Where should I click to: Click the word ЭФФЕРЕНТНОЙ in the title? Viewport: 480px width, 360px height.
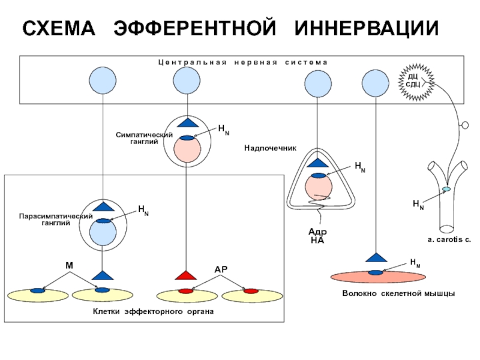click(x=194, y=28)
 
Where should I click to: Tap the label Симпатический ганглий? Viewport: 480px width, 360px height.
click(x=144, y=138)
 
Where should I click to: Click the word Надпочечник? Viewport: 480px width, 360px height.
click(x=271, y=148)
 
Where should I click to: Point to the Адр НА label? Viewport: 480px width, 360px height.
click(x=317, y=236)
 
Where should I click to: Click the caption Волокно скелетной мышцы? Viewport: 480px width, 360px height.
click(x=398, y=293)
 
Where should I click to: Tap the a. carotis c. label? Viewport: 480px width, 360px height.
click(x=449, y=239)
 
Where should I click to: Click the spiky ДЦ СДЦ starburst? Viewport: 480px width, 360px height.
click(x=416, y=82)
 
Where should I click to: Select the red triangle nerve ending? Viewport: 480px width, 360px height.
click(x=186, y=275)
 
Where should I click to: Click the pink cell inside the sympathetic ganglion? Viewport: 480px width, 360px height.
click(x=187, y=149)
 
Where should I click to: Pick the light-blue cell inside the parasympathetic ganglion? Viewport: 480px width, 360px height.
click(x=103, y=232)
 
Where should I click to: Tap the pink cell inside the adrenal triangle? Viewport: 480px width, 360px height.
click(x=319, y=187)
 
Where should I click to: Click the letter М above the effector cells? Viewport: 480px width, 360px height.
click(x=70, y=265)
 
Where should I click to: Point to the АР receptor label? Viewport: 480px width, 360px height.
click(x=221, y=269)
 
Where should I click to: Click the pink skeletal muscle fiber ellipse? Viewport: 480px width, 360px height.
click(x=378, y=277)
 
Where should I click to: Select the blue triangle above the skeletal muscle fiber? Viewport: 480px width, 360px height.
click(x=376, y=258)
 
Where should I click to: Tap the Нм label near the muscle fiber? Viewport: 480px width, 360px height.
click(x=415, y=263)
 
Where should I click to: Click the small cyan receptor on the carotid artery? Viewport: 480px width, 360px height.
click(x=446, y=190)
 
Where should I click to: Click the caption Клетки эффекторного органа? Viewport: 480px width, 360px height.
click(x=153, y=311)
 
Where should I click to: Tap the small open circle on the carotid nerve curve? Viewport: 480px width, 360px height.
click(x=465, y=125)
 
